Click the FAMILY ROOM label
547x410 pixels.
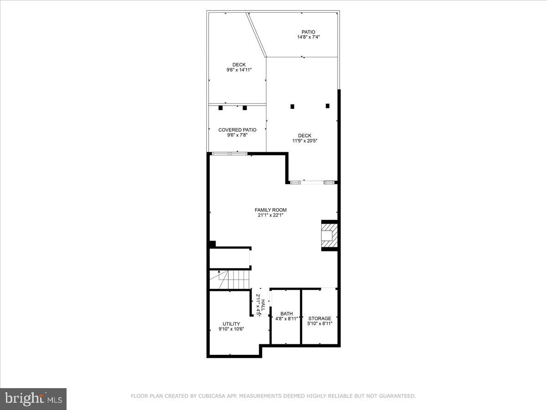click(x=271, y=210)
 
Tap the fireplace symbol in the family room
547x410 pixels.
click(x=330, y=236)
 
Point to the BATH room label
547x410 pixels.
click(x=286, y=313)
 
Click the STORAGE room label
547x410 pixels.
click(x=320, y=318)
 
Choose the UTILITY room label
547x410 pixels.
click(x=231, y=324)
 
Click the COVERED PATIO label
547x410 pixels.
click(x=237, y=130)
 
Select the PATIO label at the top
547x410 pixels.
click(x=308, y=32)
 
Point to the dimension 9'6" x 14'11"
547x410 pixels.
click(x=239, y=70)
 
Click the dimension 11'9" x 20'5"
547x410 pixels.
click(x=304, y=141)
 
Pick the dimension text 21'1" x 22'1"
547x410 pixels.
click(x=271, y=215)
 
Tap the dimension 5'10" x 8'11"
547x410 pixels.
click(x=320, y=324)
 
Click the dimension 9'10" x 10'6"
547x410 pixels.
click(x=231, y=329)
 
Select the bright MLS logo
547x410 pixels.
click(x=33, y=399)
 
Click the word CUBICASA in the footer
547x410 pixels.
click(x=210, y=396)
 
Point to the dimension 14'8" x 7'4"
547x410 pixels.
click(x=308, y=37)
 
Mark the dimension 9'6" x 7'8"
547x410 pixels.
click(x=237, y=135)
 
